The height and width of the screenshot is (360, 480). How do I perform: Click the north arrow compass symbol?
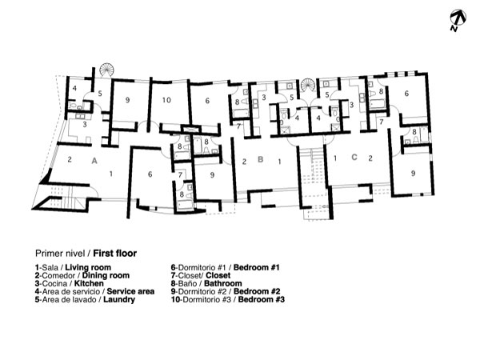458,19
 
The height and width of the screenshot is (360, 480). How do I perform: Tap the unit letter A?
94,161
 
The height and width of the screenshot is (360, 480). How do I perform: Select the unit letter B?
261,159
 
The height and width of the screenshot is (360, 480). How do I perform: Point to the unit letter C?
354,158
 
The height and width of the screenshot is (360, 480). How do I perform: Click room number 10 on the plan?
166,100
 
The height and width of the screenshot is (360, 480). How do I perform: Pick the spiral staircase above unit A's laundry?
106,70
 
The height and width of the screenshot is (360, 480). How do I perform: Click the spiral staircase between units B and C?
308,85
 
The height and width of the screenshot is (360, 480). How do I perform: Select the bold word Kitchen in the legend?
89,283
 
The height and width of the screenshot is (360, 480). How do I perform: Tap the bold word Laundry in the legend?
119,299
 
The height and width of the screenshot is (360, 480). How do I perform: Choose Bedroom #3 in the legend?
261,299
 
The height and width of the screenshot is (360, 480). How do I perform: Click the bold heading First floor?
114,254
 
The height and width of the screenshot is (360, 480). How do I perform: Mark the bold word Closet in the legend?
218,275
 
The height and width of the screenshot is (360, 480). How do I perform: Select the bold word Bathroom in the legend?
223,283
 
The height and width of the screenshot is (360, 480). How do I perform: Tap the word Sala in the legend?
50,267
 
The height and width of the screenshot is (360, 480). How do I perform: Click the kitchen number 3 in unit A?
85,124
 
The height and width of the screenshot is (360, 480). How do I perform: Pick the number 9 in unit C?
413,174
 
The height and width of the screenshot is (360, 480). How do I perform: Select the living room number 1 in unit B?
279,162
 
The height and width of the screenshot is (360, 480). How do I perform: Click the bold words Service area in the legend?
130,291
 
